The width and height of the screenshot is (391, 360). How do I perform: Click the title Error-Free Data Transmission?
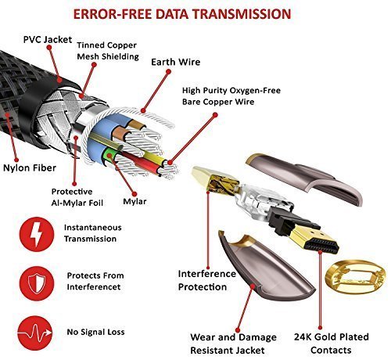tap(182, 14)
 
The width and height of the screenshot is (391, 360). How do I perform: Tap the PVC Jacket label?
tap(48, 40)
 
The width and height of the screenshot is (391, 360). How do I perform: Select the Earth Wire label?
tap(176, 62)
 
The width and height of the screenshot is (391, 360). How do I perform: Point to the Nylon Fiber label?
tap(30, 167)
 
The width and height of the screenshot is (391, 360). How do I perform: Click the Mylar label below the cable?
tap(135, 201)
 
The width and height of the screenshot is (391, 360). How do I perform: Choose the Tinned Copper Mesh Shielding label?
tap(108, 51)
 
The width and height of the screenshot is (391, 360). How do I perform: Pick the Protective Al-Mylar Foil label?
tap(77, 197)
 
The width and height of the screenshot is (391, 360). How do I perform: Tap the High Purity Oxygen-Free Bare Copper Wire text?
tap(231, 96)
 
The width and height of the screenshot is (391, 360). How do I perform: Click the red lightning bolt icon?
tap(37, 234)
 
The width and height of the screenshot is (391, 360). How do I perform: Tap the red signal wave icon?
tap(35, 333)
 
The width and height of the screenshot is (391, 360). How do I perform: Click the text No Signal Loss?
tap(95, 332)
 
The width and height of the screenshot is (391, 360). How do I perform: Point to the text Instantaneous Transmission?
tap(93, 233)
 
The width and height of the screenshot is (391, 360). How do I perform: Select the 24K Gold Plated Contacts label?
tap(332, 344)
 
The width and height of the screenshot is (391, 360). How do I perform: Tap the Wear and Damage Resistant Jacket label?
tap(233, 344)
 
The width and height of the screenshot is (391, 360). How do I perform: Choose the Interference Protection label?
tap(207, 280)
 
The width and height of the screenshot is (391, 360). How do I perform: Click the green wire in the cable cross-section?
tap(108, 155)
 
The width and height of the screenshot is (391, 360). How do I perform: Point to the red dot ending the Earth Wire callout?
tap(169, 71)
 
